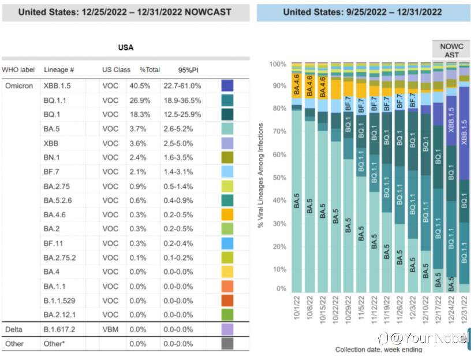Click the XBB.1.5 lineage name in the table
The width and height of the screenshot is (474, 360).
pyautogui.click(x=57, y=86)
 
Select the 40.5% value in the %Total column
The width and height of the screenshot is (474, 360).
pyautogui.click(x=140, y=86)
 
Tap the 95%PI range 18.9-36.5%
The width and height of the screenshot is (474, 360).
pyautogui.click(x=182, y=101)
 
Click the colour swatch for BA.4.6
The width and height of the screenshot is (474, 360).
pyautogui.click(x=227, y=214)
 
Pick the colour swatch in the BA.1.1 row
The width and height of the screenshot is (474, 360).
pyautogui.click(x=227, y=286)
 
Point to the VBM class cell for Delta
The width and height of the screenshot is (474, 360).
pyautogui.click(x=110, y=329)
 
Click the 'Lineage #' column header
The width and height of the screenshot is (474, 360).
pyautogui.click(x=59, y=70)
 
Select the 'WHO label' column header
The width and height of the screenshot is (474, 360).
pyautogui.click(x=18, y=70)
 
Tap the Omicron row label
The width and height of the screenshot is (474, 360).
pyautogui.click(x=19, y=86)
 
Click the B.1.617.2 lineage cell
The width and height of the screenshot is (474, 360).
pyautogui.click(x=59, y=329)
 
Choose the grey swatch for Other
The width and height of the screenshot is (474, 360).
pyautogui.click(x=227, y=344)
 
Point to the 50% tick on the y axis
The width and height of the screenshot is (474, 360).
pyautogui.click(x=279, y=177)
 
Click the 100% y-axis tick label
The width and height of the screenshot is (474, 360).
pyautogui.click(x=278, y=64)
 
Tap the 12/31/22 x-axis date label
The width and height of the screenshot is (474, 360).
pyautogui.click(x=464, y=310)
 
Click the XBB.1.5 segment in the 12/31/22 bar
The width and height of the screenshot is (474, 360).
pyautogui.click(x=464, y=133)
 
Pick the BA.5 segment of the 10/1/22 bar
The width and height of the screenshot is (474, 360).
pyautogui.click(x=297, y=201)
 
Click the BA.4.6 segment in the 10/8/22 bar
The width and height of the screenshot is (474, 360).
pyautogui.click(x=310, y=86)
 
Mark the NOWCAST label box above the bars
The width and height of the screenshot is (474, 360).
pyautogui.click(x=451, y=49)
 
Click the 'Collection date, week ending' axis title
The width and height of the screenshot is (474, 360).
pyautogui.click(x=379, y=350)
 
